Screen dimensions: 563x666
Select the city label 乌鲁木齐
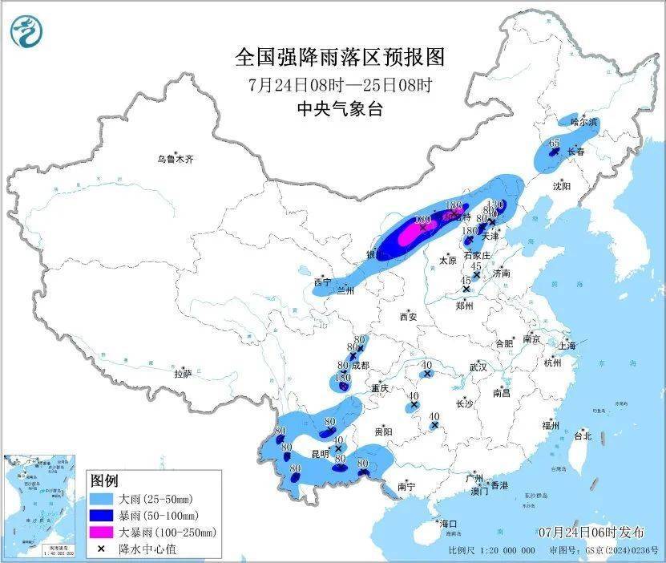tap(176, 160)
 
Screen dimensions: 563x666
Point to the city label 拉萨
tap(183, 373)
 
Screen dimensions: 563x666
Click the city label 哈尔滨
tap(584, 122)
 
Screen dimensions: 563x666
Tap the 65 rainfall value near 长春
tap(555, 142)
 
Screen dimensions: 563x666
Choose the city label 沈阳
tap(562, 186)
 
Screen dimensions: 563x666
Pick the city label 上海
tap(567, 346)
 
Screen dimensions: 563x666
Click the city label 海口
tap(447, 524)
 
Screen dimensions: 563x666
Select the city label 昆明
tap(320, 453)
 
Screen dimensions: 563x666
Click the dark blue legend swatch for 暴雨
tap(103, 515)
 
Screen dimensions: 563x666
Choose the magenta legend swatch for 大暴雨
tap(103, 531)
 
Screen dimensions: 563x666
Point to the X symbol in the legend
tap(103, 548)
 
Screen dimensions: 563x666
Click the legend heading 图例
tap(105, 480)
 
